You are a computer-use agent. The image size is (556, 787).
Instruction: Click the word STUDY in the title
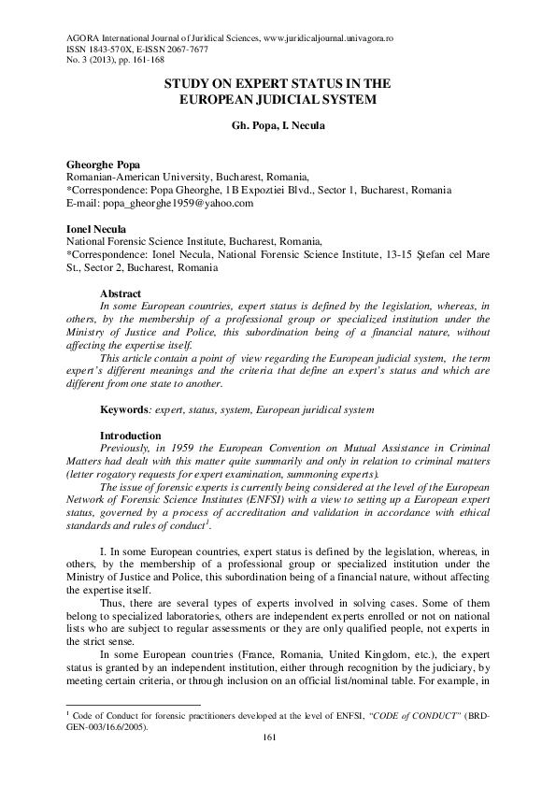click(x=190, y=84)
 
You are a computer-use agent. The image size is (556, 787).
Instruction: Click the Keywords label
click(x=126, y=409)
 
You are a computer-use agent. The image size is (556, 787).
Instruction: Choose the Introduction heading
click(x=135, y=436)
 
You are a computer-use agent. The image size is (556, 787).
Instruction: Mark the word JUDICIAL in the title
click(x=288, y=99)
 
